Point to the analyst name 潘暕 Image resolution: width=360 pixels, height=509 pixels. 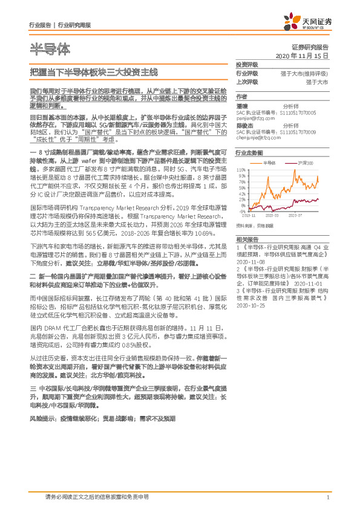[242, 106]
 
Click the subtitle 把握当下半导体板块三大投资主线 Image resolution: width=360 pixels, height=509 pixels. [94, 72]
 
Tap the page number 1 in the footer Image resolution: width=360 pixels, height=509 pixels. [327, 498]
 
